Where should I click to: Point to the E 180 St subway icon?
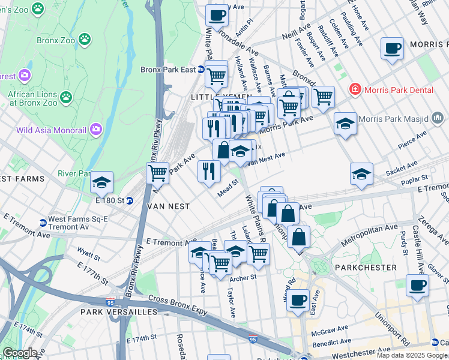pyautogui.click(x=129, y=200)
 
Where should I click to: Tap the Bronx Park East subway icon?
pyautogui.click(x=201, y=70)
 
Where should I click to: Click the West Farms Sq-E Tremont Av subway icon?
pyautogui.click(x=43, y=223)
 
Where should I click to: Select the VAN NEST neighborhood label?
pyautogui.click(x=168, y=206)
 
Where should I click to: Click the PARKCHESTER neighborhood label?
pyautogui.click(x=366, y=267)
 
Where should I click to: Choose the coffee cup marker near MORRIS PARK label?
pyautogui.click(x=392, y=48)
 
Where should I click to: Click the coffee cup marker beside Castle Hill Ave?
pyautogui.click(x=417, y=285)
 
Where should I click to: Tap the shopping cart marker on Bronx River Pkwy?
pyautogui.click(x=157, y=173)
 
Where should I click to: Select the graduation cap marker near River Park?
pyautogui.click(x=102, y=182)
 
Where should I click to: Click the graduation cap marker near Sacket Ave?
pyautogui.click(x=361, y=174)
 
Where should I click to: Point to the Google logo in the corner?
pyautogui.click(x=19, y=353)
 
